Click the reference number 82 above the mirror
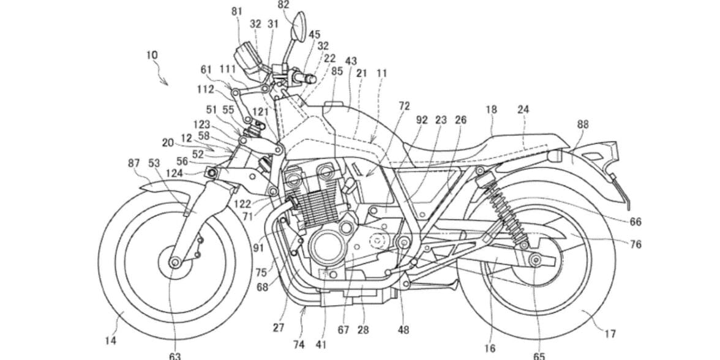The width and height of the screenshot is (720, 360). coord(283,5)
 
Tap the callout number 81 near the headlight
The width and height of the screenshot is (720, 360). coord(237,11)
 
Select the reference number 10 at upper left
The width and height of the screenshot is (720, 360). coord(152,55)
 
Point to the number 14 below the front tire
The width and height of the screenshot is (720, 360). coord(110,340)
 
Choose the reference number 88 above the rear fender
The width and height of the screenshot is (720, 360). coord(583,124)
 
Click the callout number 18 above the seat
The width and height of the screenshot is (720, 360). coord(491,110)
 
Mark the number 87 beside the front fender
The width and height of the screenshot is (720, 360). coord(134,163)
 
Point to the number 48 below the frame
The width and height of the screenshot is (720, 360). coord(403,329)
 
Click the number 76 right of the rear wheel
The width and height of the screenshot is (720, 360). coord(635,244)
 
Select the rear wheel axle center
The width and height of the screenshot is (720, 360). coord(536,261)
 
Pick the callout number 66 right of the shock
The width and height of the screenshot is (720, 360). coord(635,222)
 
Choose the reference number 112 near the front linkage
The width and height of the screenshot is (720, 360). coord(206,90)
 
